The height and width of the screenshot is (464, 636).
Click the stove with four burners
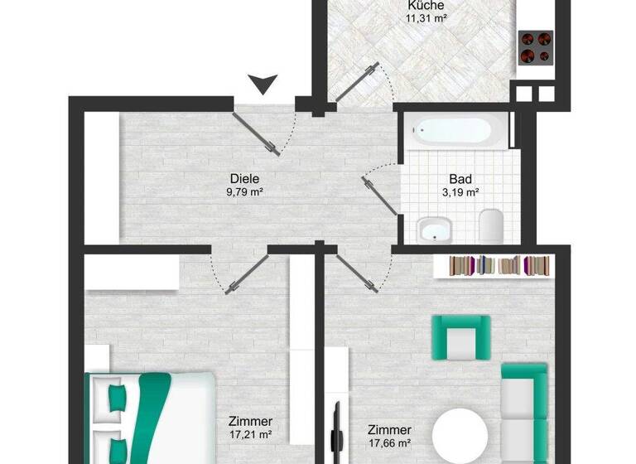click(x=535, y=47)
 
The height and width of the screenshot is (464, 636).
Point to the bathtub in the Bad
click(x=454, y=131)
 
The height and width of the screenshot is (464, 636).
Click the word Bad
click(x=460, y=179)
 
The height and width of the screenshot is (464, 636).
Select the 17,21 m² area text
click(x=252, y=434)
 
